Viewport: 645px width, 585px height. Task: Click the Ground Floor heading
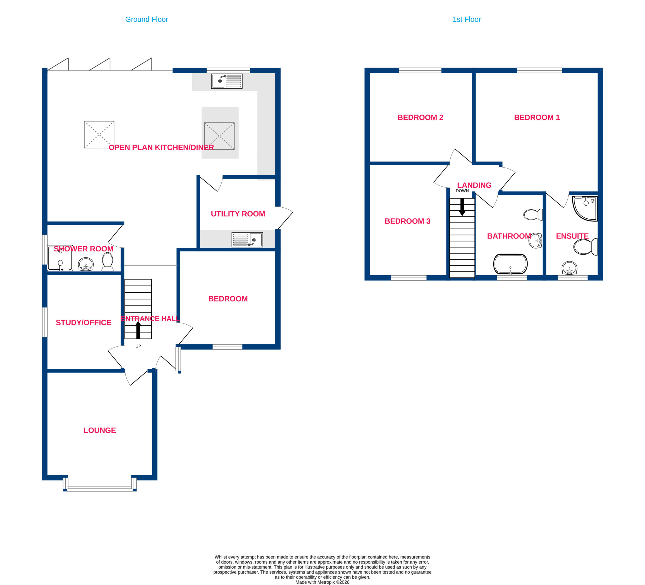coord(147,19)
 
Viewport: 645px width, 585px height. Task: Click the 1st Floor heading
coord(466,19)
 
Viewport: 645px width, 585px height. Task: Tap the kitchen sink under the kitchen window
coord(227,81)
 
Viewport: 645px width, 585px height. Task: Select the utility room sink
coord(247,240)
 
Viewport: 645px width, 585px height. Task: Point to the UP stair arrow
coord(138,330)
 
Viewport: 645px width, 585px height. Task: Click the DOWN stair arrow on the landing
coord(462,207)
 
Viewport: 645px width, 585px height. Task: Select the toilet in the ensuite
coord(586,247)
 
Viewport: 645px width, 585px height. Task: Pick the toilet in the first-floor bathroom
coord(533,215)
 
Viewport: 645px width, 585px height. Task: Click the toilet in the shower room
coord(108,262)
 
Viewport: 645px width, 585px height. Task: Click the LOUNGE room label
coord(100,430)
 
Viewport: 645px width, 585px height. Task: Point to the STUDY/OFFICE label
coord(83,322)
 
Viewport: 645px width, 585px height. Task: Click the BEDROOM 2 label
coord(421,117)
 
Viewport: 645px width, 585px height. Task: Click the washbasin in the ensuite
coord(569,268)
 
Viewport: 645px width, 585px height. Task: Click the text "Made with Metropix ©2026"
coord(322,582)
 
